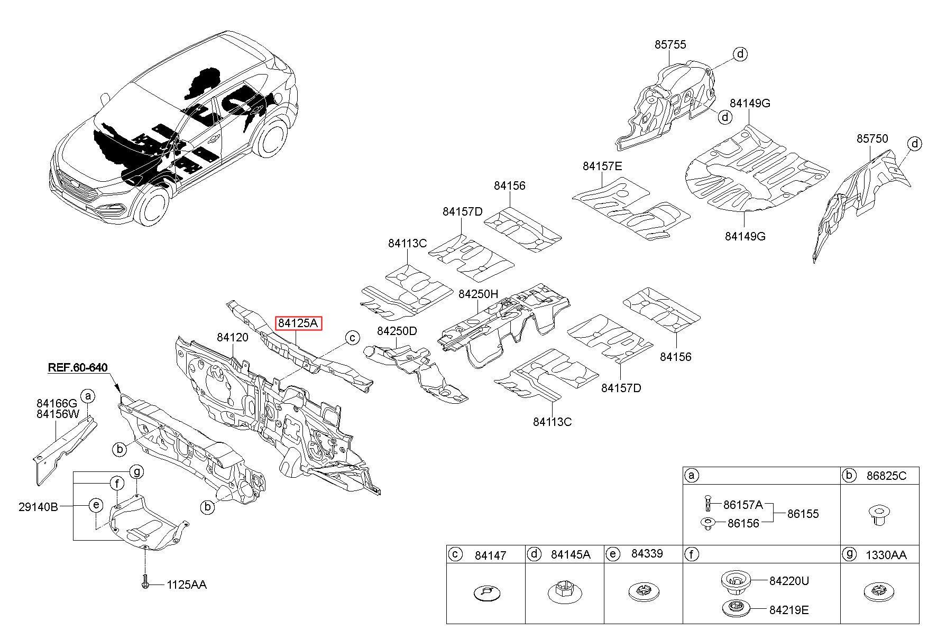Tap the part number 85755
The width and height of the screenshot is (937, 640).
coord(670,44)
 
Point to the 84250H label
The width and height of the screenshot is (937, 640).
coord(478,294)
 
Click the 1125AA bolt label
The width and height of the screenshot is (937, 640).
coord(187,585)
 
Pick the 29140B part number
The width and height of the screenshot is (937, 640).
coord(38,507)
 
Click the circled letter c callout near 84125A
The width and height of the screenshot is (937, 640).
coord(352,338)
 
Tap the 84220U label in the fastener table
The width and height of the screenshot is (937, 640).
coord(789,581)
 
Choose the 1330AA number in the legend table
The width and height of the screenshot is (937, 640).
coord(886,554)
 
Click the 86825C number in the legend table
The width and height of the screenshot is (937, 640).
coord(886,476)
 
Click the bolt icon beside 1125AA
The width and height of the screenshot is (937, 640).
coord(144,581)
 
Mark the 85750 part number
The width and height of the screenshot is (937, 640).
coord(872,138)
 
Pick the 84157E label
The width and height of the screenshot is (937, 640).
coord(602,166)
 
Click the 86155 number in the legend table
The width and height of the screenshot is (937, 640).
coord(803,513)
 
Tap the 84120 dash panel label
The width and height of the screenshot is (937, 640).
coord(232,337)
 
